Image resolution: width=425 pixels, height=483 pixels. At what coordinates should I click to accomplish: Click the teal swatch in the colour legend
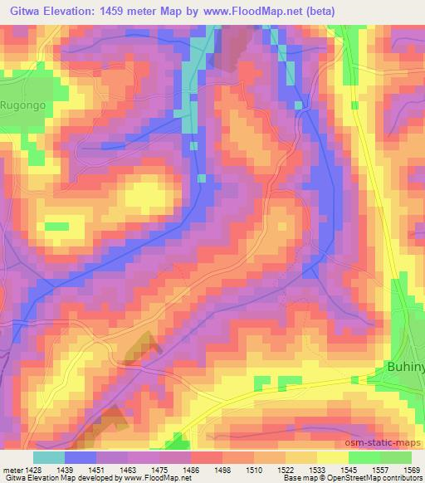[x=48, y=457]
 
